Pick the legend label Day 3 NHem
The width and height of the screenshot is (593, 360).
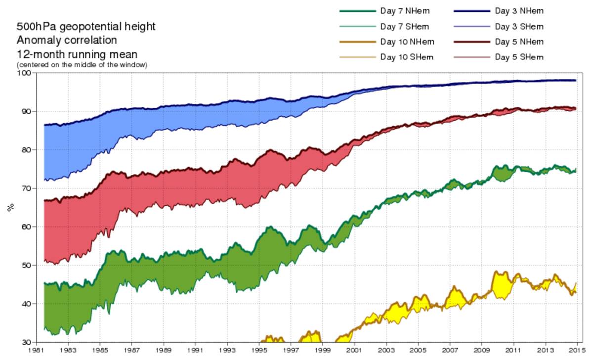click(519, 11)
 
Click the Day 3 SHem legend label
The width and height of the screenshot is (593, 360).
click(519, 26)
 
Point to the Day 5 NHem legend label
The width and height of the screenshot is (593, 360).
click(519, 42)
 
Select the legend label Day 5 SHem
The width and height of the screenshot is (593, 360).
click(519, 57)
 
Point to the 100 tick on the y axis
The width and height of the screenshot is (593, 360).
click(26, 73)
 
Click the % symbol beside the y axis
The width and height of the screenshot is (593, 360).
click(10, 208)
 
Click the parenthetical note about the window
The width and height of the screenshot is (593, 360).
click(82, 65)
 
